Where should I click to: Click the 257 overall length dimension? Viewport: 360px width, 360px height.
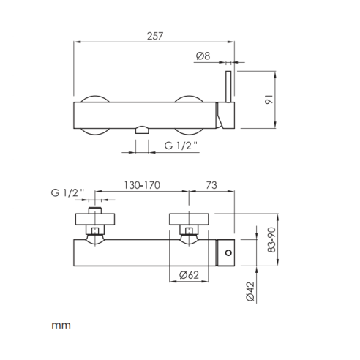point(155,36)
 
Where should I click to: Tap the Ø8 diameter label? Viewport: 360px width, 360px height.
point(203,56)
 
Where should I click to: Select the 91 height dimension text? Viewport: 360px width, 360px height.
point(269,100)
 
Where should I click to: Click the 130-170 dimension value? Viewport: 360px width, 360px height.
point(142,185)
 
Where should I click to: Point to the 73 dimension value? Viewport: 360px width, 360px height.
point(211,185)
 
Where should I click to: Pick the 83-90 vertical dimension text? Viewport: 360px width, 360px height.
point(271,240)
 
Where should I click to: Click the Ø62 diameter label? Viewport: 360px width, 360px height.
point(189,275)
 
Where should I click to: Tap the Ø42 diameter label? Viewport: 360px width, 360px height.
point(250,291)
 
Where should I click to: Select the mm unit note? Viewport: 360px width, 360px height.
point(61,326)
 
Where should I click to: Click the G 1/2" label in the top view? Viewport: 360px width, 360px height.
point(181,146)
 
